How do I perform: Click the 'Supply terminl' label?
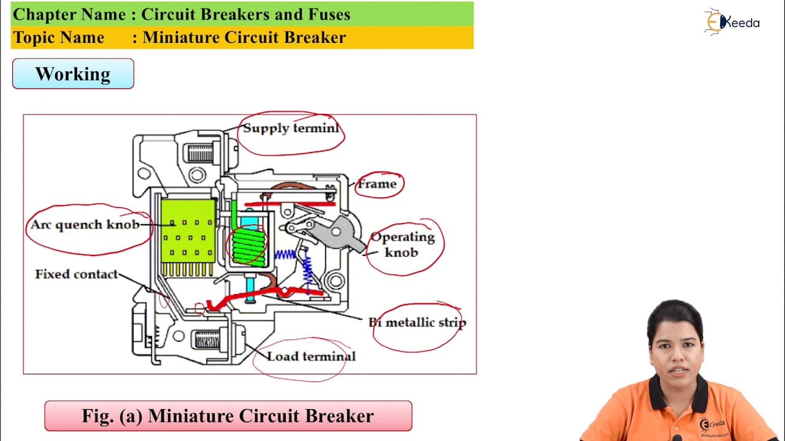point(291,128)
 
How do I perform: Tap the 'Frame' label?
point(377,184)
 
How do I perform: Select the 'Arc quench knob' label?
point(85,225)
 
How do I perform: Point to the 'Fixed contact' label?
point(77,274)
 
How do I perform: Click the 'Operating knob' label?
point(402,244)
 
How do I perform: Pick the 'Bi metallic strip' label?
point(418,322)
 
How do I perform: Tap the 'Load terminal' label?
point(311,356)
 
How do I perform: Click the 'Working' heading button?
point(73,74)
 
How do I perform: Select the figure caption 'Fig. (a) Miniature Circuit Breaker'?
point(228,416)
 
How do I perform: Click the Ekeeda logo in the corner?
point(732,22)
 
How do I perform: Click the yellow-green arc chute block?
point(188,231)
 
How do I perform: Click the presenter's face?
point(676,354)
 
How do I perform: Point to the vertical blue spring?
point(307,269)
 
